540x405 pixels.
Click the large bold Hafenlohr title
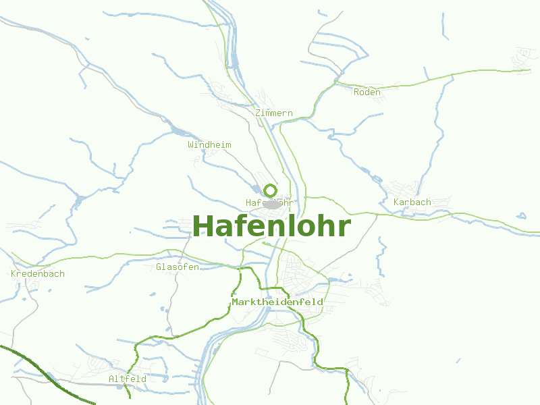271,226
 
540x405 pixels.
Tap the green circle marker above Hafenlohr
270,190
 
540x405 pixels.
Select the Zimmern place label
274,113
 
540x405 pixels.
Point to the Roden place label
367,92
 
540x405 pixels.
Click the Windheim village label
209,145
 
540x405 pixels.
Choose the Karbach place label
412,202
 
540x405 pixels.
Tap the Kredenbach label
38,274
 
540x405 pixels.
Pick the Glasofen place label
178,267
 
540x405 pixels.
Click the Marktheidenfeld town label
277,302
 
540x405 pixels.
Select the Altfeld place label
128,379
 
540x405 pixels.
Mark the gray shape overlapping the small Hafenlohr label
273,204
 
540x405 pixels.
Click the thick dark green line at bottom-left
40,371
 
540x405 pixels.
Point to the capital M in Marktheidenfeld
235,302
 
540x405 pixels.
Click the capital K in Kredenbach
14,274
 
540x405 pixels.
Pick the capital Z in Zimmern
258,113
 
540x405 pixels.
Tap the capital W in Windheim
191,145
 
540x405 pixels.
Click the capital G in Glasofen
159,267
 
